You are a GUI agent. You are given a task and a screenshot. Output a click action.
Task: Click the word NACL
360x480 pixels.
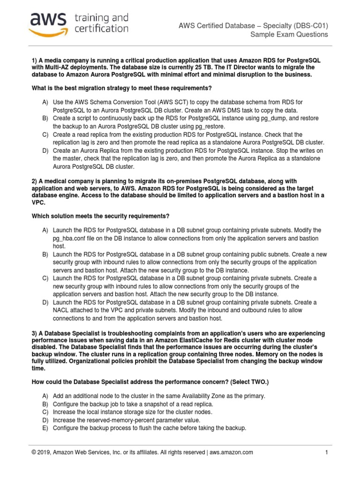click(62, 310)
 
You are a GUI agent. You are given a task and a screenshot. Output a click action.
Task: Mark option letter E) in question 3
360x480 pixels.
click(45, 428)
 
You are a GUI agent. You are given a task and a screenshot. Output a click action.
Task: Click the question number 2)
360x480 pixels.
click(35, 182)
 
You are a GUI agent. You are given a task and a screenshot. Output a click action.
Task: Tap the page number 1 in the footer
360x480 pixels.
click(326, 452)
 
